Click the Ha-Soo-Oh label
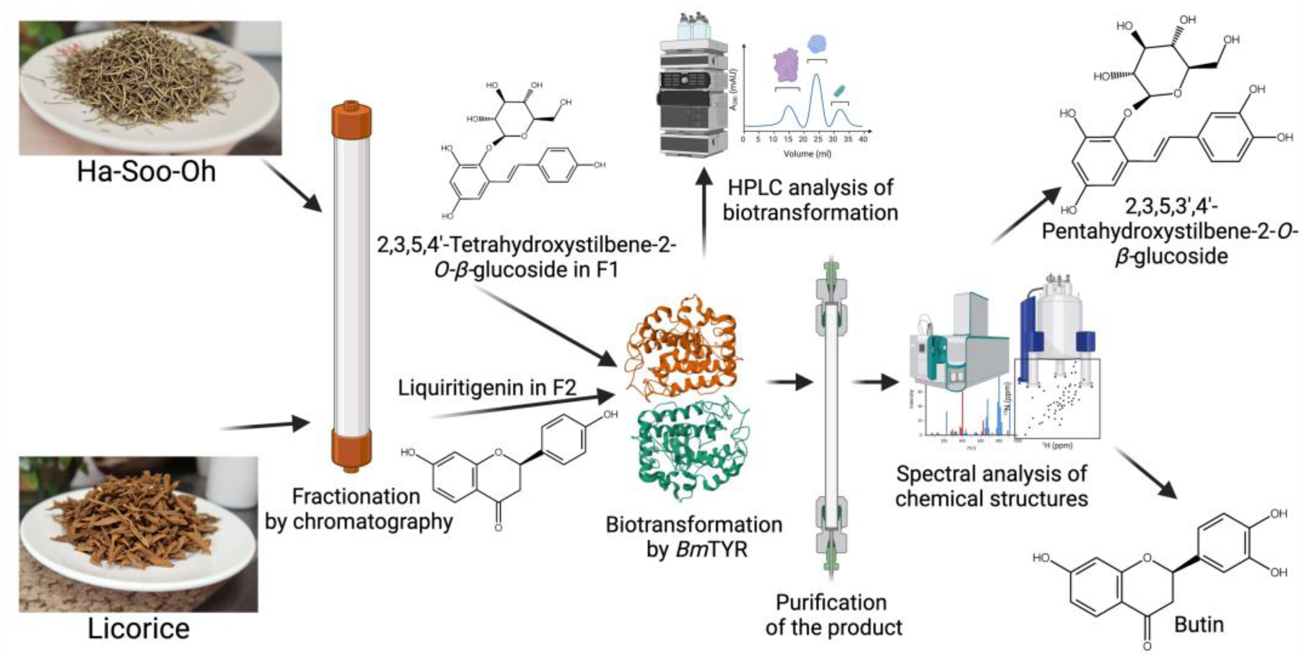pos(146,172)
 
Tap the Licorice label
pos(139,629)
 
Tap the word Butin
pos(1198,625)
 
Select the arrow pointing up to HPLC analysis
pos(704,213)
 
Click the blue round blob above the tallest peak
pos(817,44)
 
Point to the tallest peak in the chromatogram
pos(817,76)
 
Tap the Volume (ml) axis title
pos(807,153)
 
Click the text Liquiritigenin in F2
pos(487,388)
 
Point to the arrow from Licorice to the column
pos(264,426)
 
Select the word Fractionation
pos(356,496)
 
